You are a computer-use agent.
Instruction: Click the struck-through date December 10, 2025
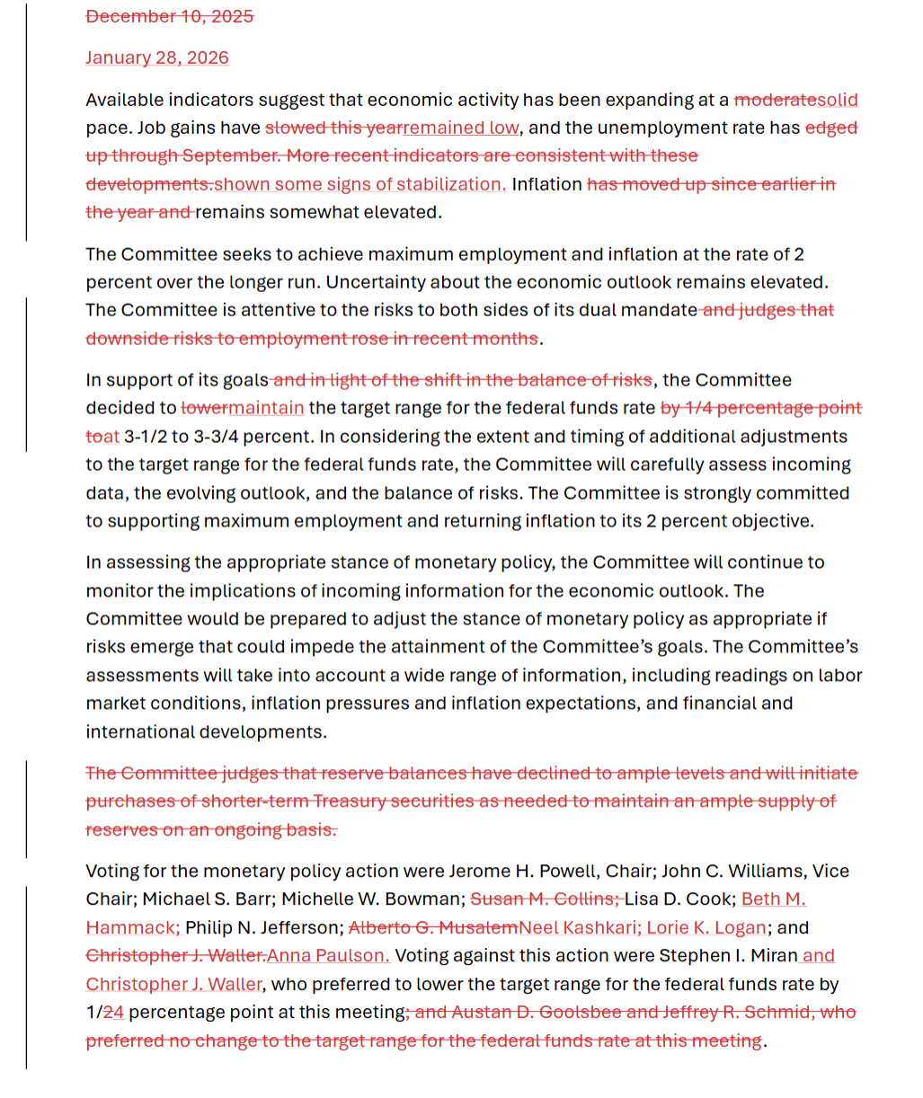(169, 16)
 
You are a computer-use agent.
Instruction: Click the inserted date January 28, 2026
(157, 58)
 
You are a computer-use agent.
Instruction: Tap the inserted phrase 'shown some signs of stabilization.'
(359, 184)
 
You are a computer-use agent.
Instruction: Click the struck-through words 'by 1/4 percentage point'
(760, 408)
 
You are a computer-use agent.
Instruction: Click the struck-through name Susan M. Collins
(543, 899)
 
